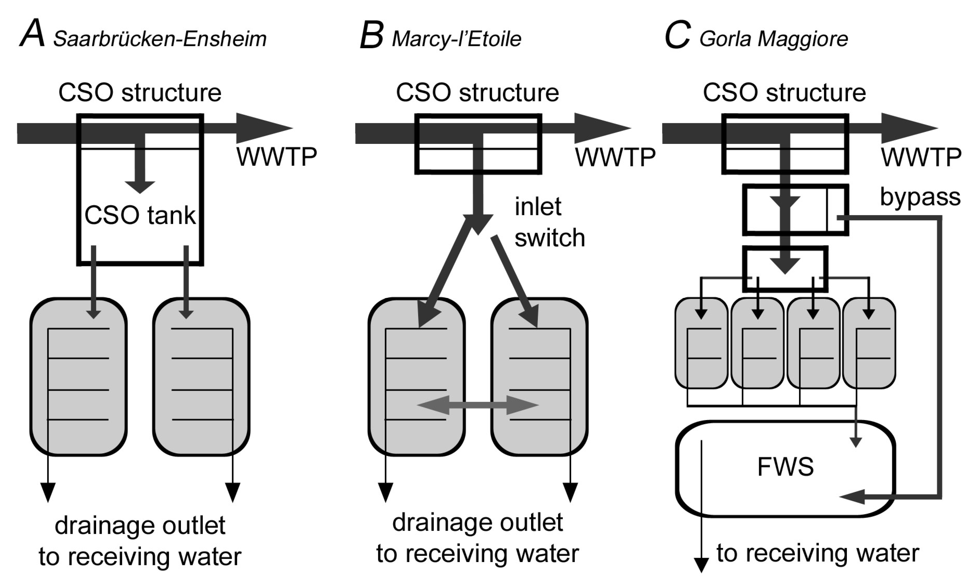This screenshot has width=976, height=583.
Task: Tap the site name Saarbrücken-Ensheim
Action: [160, 39]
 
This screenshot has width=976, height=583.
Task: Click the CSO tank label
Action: [140, 215]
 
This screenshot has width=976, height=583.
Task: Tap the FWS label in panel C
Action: [785, 467]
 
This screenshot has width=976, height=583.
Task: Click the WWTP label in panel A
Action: [277, 157]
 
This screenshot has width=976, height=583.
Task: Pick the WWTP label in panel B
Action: [616, 157]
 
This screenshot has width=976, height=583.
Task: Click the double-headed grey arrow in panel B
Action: [478, 405]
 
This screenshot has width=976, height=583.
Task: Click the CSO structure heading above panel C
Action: [784, 93]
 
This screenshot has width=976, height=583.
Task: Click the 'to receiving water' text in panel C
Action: [817, 553]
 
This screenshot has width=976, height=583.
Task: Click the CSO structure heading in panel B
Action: [477, 93]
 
